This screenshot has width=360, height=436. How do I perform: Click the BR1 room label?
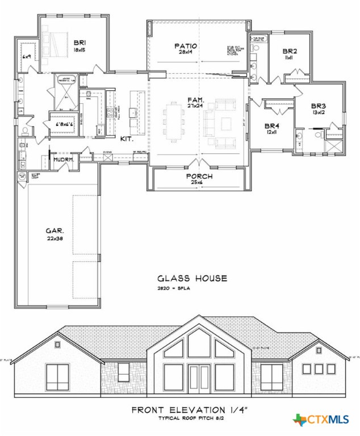[78, 41]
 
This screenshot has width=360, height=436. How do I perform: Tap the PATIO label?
[185, 46]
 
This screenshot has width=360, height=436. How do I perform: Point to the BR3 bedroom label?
[318, 106]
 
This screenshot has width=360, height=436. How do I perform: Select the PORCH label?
[199, 177]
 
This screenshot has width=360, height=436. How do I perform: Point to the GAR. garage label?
[55, 231]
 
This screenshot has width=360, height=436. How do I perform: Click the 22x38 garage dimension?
[55, 239]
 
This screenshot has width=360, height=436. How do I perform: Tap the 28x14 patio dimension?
[186, 53]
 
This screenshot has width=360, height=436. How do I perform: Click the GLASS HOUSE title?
[192, 278]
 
